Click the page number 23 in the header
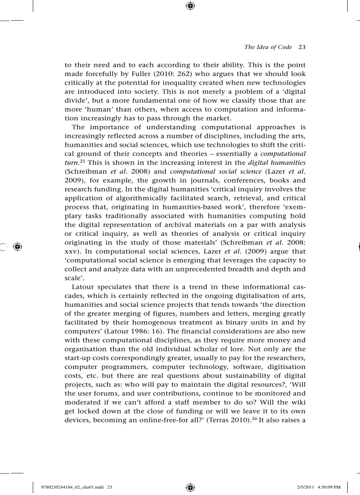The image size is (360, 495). (x=302, y=47)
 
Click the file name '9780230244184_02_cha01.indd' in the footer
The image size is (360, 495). (x=72, y=487)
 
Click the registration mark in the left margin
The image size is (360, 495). (x=18, y=247)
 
